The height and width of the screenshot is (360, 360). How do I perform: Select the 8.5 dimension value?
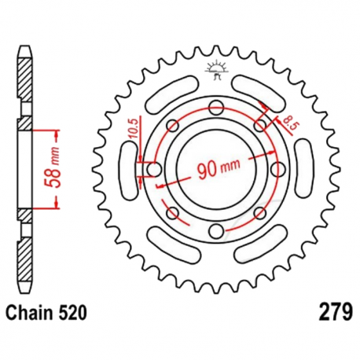pyautogui.click(x=288, y=120)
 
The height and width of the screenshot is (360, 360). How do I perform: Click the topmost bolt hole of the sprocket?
pyautogui.click(x=216, y=107)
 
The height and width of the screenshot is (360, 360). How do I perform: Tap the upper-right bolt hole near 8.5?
pyautogui.click(x=259, y=125)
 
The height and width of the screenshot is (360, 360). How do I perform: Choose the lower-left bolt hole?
pyautogui.click(x=173, y=211)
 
